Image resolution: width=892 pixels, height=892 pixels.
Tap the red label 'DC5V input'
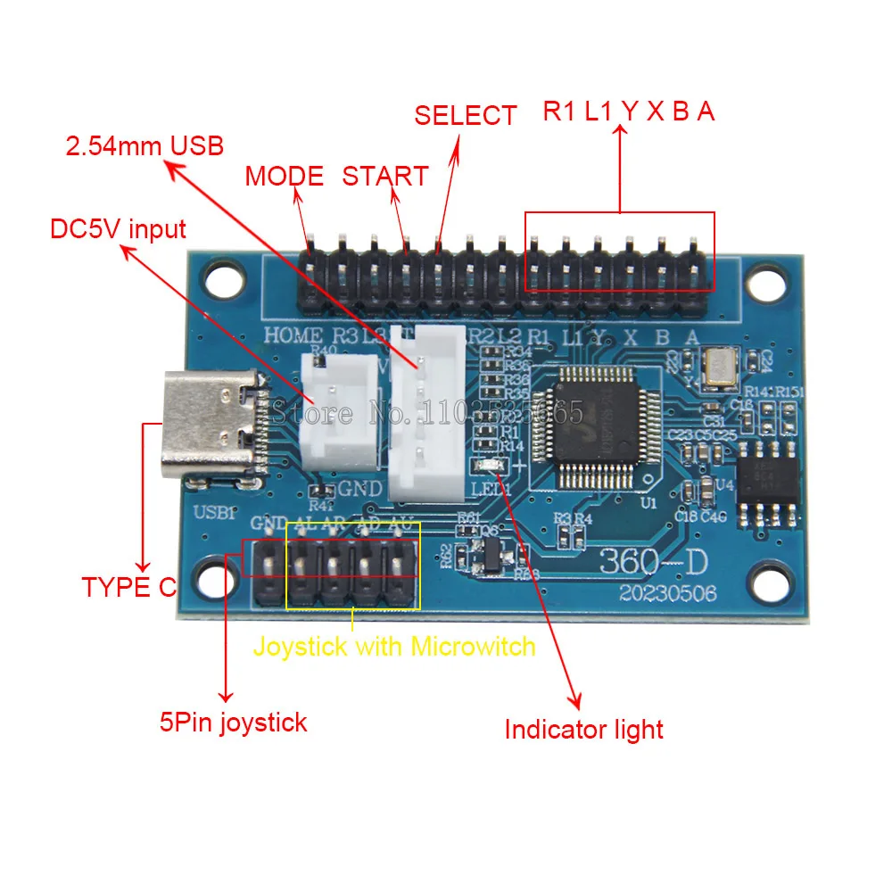pos(118,229)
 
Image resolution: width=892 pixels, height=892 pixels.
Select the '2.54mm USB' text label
pos(145,145)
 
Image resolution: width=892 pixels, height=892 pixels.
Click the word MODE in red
pos(285,176)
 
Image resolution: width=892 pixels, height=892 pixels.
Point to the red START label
pos(385,176)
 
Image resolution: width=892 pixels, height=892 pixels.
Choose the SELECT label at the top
pos(465,115)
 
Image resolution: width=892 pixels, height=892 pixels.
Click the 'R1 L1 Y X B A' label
pos(629,111)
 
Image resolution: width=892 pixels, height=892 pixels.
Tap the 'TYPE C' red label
pos(129,587)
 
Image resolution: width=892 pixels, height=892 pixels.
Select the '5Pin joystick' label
pos(233,722)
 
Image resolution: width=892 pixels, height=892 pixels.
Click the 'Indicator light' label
pos(583,730)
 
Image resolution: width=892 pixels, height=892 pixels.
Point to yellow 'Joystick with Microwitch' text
pos(394,646)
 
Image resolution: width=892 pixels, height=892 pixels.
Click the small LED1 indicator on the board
pos(489,466)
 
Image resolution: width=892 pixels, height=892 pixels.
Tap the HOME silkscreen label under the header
pos(293,336)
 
